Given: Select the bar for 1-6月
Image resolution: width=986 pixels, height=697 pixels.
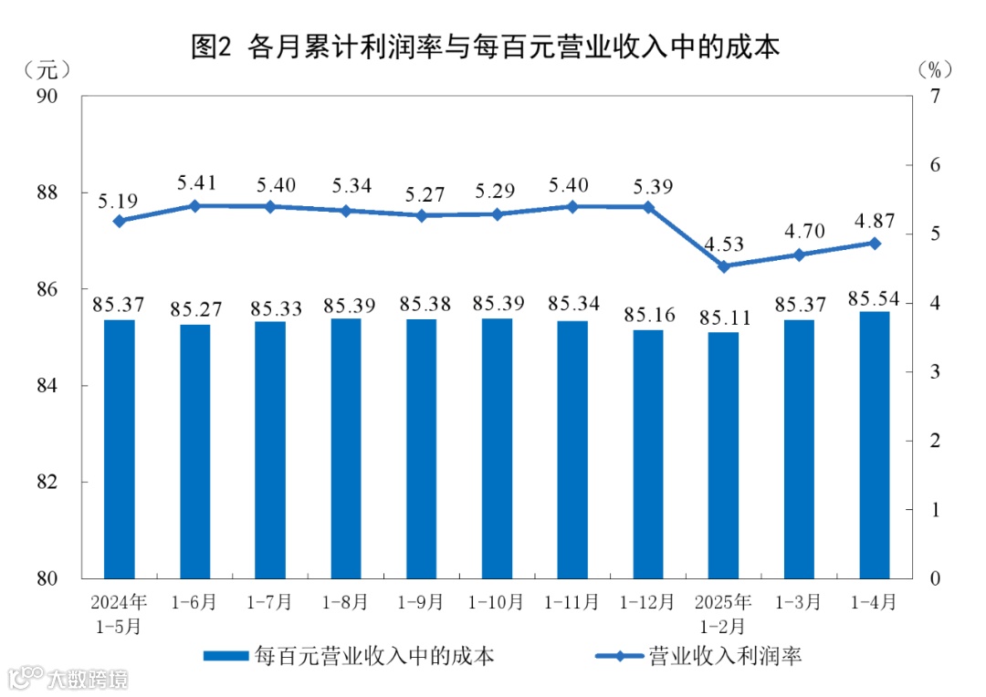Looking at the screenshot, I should [194, 452].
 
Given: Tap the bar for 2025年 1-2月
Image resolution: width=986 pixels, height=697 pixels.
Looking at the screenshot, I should [723, 455].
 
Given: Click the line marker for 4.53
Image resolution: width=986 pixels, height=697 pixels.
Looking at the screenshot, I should [723, 266].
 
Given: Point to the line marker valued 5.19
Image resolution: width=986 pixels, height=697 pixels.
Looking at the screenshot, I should [119, 221].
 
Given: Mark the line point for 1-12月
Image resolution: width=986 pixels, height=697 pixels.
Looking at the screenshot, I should [648, 207].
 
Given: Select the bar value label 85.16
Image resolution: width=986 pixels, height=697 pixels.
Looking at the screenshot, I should [647, 316].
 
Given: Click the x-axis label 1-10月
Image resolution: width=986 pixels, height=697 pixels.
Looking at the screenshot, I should [497, 603].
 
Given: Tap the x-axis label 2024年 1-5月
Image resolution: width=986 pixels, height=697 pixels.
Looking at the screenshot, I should [119, 614].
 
